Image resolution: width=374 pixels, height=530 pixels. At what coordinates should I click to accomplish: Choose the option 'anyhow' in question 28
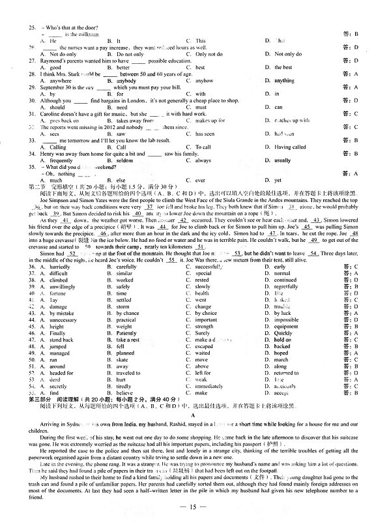click(204, 81)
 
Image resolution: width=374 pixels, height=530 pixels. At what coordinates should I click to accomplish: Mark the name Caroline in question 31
click(55, 113)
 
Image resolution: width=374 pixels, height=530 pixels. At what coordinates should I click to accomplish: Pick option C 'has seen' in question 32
click(205, 134)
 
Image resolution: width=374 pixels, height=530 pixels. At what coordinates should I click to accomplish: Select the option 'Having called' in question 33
click(290, 147)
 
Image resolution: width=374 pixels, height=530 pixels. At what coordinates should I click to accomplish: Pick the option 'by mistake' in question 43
click(62, 314)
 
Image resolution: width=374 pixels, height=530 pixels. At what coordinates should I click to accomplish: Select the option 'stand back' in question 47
click(62, 340)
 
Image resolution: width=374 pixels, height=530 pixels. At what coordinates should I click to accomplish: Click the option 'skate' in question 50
click(122, 360)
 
